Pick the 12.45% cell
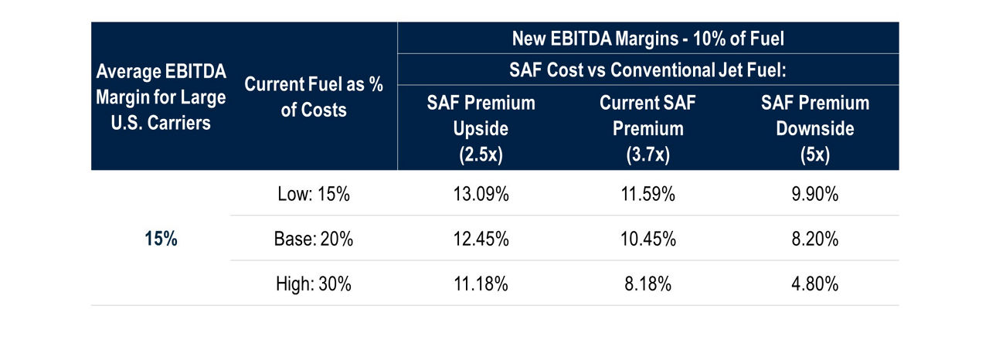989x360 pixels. tap(480, 239)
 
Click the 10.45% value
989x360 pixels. tap(647, 239)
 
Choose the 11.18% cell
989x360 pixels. tap(480, 284)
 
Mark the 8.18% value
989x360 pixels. tap(647, 284)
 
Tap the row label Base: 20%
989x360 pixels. tap(314, 239)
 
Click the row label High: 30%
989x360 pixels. tap(314, 284)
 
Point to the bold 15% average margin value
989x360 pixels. tap(161, 239)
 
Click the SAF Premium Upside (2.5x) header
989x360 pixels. tap(480, 128)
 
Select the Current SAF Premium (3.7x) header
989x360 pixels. tap(647, 128)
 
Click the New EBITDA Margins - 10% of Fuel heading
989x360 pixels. tap(647, 38)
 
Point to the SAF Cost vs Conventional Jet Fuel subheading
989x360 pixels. tap(647, 70)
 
